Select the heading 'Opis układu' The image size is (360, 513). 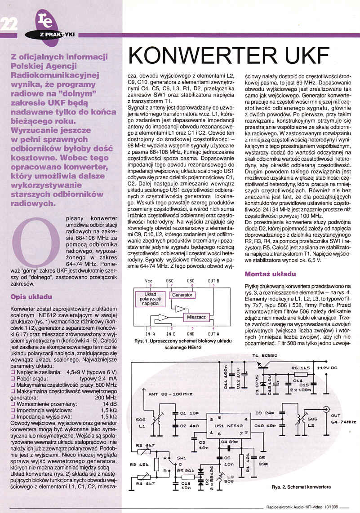click(x=31, y=296)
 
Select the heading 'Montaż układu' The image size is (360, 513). click(x=270, y=274)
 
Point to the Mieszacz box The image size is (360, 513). click(x=196, y=317)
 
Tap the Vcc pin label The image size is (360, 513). click(x=149, y=281)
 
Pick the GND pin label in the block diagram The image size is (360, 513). click(x=190, y=334)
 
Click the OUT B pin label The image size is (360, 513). click(x=213, y=281)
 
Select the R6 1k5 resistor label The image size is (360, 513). click(x=301, y=368)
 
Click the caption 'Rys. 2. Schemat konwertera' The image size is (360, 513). click(x=301, y=486)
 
